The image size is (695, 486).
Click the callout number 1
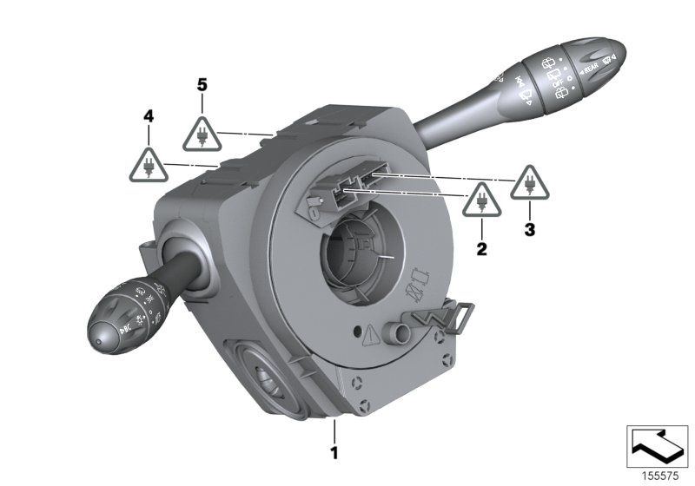334,450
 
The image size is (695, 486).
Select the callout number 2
481,249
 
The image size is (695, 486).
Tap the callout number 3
531,230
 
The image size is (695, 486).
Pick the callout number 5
202,84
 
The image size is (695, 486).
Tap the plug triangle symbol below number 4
149,164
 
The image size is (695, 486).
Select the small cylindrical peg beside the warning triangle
399,332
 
